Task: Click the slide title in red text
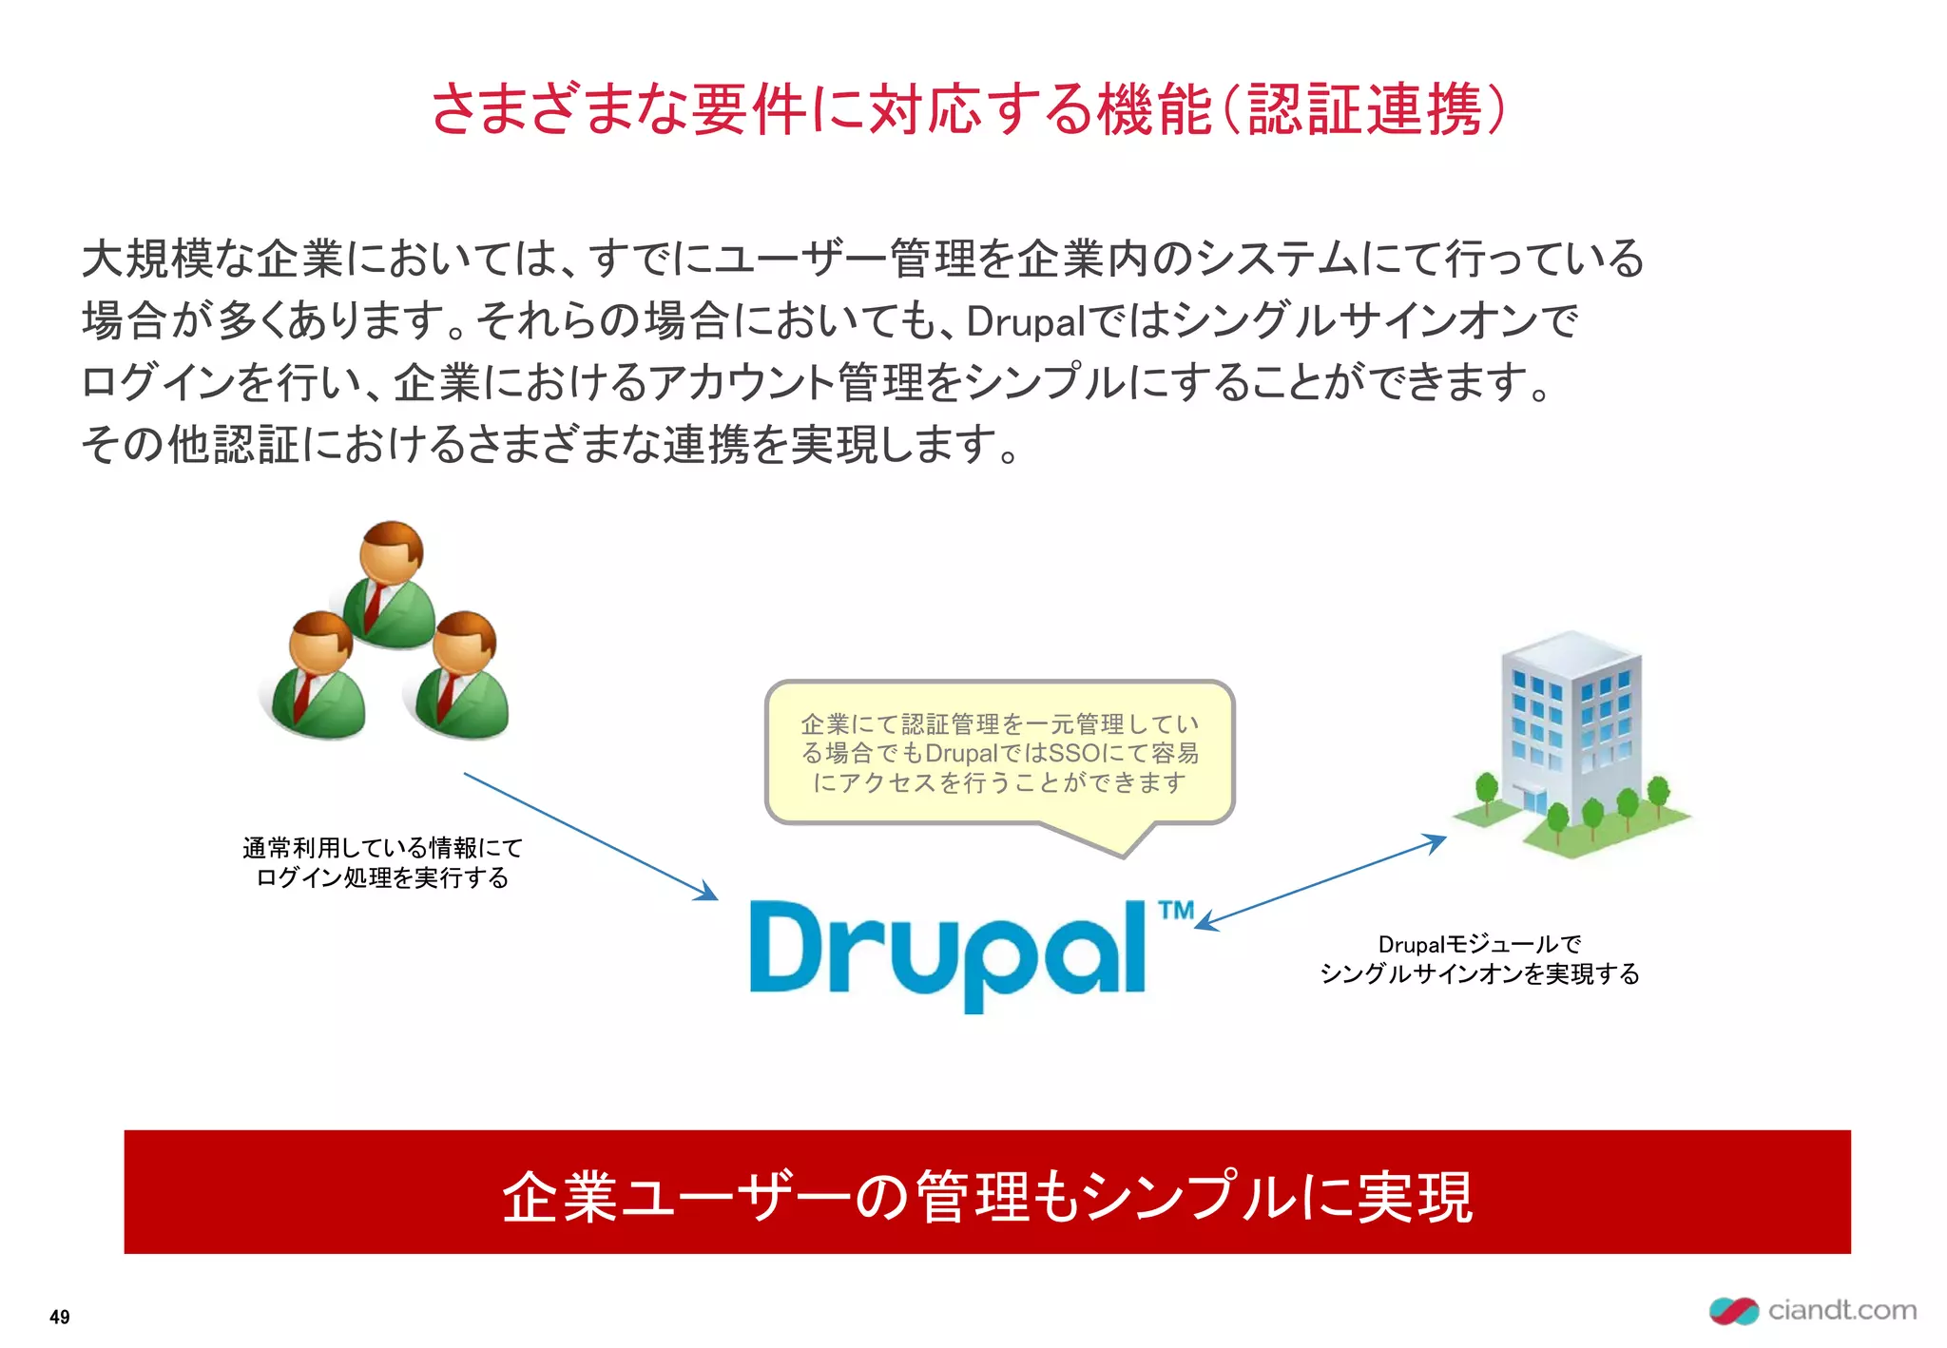coord(968,109)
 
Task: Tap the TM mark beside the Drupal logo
coord(1177,911)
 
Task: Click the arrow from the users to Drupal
coord(589,836)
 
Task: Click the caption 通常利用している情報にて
coord(382,847)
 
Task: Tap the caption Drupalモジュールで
coord(1479,944)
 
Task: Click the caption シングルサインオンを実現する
coord(1479,974)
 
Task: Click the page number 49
coord(59,1317)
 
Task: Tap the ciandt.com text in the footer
coord(1841,1310)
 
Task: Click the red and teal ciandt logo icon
coord(1733,1311)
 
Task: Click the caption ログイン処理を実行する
coord(382,877)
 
